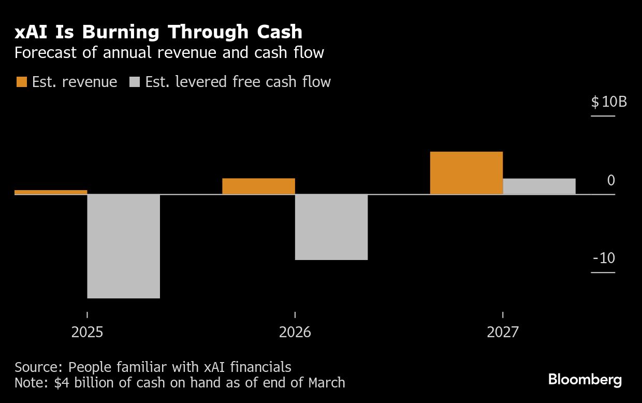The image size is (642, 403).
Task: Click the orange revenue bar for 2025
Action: point(51,192)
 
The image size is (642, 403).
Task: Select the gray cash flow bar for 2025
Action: point(123,246)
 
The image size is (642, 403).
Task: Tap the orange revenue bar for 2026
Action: point(258,186)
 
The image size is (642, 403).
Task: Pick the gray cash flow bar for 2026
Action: point(331,227)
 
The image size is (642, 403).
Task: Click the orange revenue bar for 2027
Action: point(466,173)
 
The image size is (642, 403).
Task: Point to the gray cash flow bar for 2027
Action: point(539,186)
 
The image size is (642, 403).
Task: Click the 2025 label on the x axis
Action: point(87,332)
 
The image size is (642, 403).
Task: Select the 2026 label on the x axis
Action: point(295,332)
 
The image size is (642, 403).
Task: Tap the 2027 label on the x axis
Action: point(502,332)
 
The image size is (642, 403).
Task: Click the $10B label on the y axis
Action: point(609,102)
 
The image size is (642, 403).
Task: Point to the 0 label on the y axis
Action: point(611,181)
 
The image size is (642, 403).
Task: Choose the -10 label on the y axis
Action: point(604,258)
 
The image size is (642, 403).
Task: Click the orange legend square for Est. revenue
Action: point(22,82)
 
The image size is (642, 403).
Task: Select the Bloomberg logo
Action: point(585,380)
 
